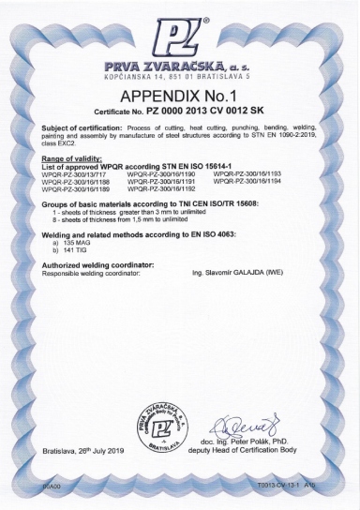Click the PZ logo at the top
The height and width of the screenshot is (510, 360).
coord(180,39)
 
